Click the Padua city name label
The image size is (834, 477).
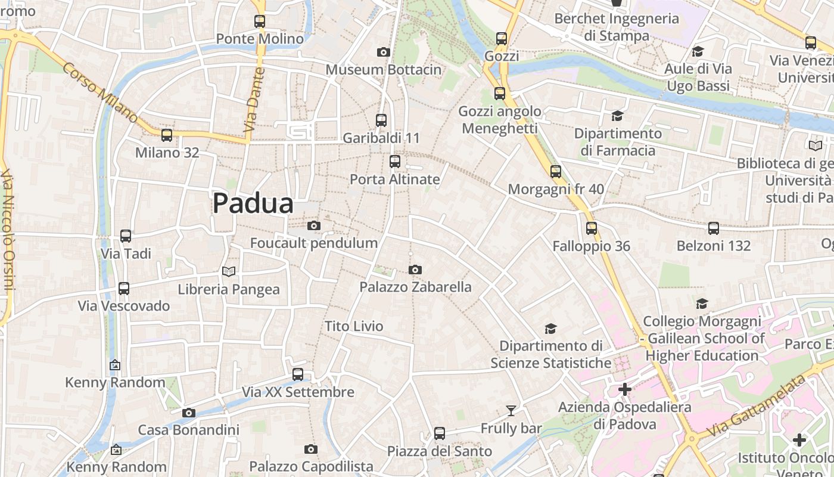253,204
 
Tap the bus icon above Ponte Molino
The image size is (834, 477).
260,21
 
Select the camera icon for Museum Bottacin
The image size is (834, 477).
384,52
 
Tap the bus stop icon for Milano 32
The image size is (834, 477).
167,135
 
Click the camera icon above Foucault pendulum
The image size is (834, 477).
314,226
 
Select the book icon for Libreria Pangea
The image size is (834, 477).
229,272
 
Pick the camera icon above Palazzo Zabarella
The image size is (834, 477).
415,270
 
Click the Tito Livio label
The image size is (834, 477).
354,326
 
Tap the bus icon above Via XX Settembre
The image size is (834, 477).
298,374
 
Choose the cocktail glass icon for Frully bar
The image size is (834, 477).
511,411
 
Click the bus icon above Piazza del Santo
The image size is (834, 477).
440,433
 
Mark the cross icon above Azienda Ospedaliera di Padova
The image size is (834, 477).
625,390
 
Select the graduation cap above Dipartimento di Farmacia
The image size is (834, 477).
617,116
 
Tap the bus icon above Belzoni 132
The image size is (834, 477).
714,228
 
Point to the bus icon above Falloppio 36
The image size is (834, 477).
591,228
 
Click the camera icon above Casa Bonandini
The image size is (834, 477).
189,413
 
